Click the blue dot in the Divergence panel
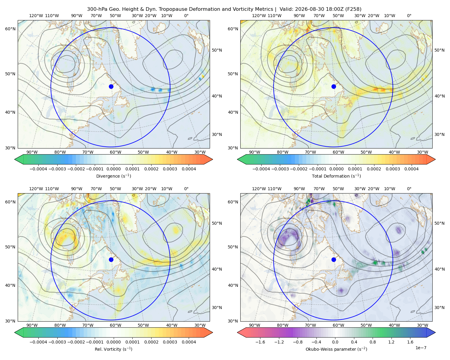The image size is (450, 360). tap(111, 87)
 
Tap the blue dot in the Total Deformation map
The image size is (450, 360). tap(334, 87)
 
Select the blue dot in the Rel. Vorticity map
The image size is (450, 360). tap(111, 259)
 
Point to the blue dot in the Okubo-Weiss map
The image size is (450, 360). tap(334, 259)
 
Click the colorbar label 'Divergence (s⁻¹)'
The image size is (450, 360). tap(113, 176)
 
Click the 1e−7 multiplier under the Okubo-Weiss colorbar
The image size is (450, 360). tap(421, 348)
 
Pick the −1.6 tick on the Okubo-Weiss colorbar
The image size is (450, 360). tap(260, 342)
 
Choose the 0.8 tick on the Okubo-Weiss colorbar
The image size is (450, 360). tap(373, 342)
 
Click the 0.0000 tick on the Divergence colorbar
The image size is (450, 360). tap(113, 169)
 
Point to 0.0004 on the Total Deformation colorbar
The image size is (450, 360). tap(412, 169)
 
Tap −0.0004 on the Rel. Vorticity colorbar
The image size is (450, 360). tap(38, 342)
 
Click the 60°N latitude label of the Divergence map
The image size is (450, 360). tap(10, 29)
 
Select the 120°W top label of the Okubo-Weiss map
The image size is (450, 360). tap(259, 189)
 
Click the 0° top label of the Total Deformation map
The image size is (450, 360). tap(409, 16)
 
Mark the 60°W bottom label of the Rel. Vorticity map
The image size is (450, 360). tap(115, 325)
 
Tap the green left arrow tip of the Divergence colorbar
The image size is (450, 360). tap(15, 159)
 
